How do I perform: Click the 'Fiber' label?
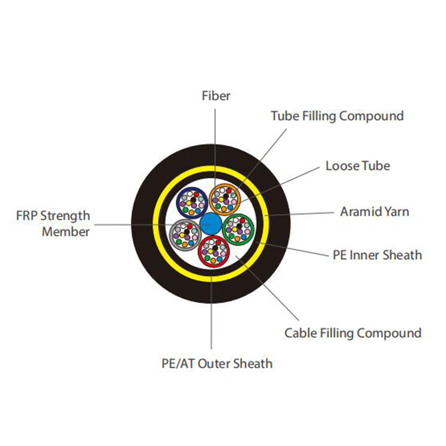(x=216, y=95)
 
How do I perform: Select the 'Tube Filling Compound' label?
(x=337, y=116)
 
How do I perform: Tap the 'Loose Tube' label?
(x=358, y=166)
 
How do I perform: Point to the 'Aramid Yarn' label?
(x=374, y=211)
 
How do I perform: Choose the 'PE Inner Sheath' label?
(x=377, y=255)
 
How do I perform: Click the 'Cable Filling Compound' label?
(x=353, y=333)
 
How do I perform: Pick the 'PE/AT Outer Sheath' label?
(x=217, y=363)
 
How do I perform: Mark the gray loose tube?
(x=185, y=232)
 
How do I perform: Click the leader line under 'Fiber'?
(x=215, y=134)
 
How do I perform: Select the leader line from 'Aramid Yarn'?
(x=303, y=213)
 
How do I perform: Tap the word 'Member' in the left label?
(x=66, y=231)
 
